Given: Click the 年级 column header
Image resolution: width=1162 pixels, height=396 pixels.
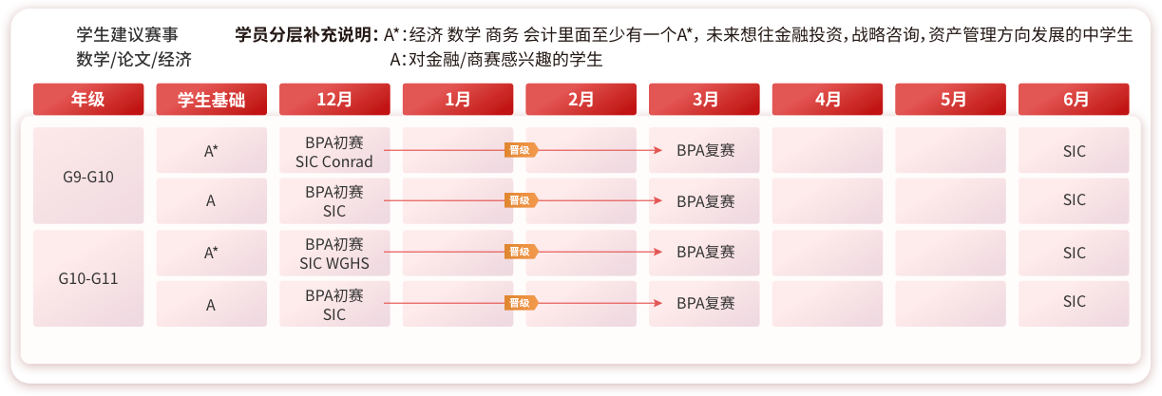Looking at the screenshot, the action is coord(88,99).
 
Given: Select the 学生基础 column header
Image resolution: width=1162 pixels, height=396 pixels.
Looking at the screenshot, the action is coord(212,99).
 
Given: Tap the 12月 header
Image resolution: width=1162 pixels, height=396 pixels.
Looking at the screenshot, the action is coord(334,99).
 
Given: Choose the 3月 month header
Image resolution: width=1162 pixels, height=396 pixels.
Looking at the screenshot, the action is coord(704,99).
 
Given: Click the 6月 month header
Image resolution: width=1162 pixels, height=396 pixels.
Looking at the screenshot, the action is coord(1074,99).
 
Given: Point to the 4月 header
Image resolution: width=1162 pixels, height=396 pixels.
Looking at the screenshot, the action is coord(828,99).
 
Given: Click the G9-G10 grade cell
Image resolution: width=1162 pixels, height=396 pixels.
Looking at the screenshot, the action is coord(88,176).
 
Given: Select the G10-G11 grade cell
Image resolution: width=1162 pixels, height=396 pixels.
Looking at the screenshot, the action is coord(88,278).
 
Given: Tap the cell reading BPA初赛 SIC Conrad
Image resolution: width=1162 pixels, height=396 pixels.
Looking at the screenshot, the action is coord(334,150).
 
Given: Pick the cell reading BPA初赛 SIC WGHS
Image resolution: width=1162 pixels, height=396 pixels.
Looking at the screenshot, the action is coord(334,253).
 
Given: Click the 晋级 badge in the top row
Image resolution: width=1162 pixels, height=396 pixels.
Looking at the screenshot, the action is coord(521,150).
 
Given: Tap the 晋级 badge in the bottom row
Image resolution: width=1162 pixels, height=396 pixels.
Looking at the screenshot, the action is coord(521,303).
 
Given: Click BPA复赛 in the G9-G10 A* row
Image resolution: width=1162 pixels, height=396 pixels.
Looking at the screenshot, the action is coord(706,150).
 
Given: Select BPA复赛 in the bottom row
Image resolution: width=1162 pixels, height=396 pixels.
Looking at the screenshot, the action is coord(706,303).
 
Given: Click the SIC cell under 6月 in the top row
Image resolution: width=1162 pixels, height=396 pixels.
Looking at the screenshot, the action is coord(1074,150).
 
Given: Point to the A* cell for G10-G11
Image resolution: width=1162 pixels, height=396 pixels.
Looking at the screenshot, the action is coord(212,253).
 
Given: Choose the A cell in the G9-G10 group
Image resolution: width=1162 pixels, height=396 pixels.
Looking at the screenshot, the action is coord(212,201).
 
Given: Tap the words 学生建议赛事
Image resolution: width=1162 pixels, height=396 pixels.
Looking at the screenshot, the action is coord(127,34).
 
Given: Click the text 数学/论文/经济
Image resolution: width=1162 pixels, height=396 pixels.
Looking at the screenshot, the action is coord(134,59).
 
